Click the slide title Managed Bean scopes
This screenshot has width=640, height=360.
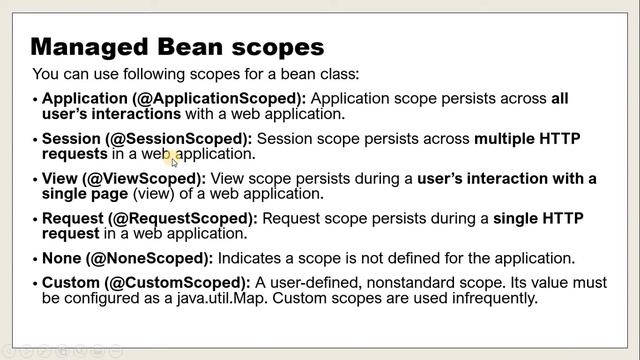[x=178, y=46]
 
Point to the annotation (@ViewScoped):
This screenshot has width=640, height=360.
[x=154, y=178]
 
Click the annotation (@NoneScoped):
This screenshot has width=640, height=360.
[x=147, y=258]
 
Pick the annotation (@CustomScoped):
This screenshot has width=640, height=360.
[x=170, y=283]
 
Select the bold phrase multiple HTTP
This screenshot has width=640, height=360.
[x=527, y=139]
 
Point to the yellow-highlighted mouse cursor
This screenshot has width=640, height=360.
[x=172, y=157]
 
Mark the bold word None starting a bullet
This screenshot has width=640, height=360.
[x=62, y=258]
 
